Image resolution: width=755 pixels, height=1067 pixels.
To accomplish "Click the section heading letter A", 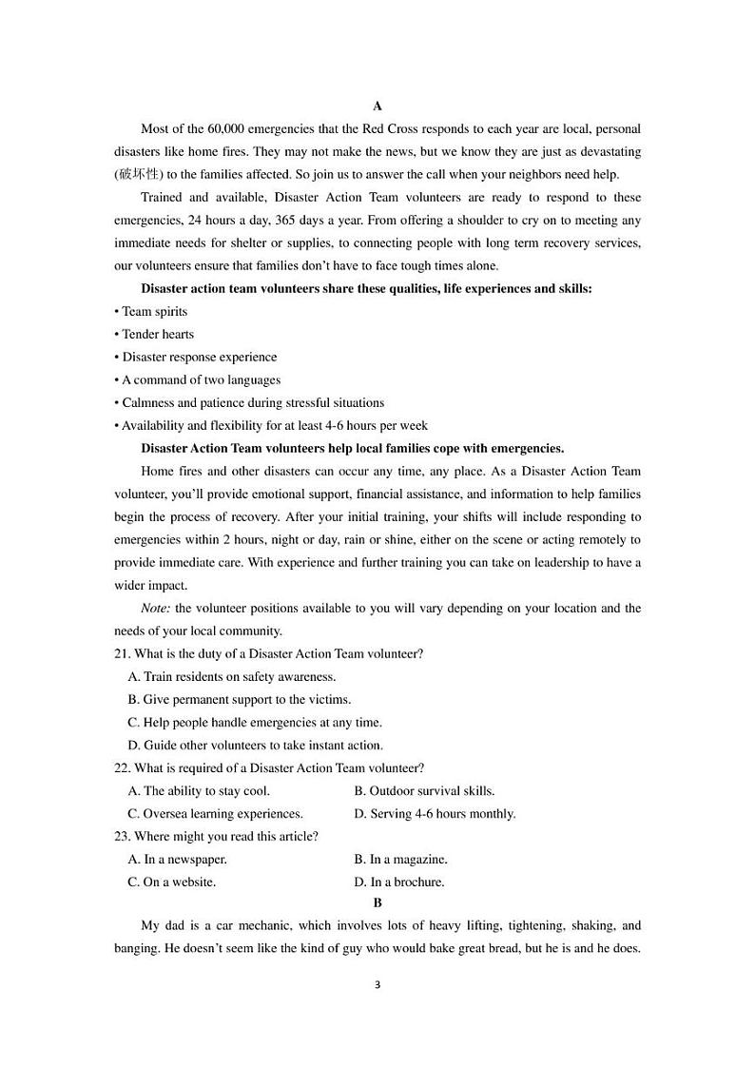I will coord(377,106).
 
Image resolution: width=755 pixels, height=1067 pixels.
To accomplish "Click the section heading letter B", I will coord(377,902).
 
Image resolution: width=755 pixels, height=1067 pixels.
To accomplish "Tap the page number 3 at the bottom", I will coord(377,984).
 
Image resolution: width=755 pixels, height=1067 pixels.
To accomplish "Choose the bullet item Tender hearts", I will coord(158,335).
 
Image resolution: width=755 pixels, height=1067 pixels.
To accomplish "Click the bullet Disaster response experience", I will coord(199,358).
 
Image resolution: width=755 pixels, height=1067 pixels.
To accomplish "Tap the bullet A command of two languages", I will coord(201,380).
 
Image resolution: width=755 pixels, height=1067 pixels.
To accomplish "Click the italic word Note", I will coord(155,609).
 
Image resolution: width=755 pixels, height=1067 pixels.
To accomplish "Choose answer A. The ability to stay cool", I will coord(199,791).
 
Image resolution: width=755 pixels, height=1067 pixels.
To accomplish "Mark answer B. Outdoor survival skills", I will coord(424,791).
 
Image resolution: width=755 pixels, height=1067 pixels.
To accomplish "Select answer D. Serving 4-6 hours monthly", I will coord(435,814).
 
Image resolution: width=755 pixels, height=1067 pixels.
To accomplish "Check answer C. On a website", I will coord(171,883).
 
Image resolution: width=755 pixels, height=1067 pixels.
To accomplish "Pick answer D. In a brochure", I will coord(398,883).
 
